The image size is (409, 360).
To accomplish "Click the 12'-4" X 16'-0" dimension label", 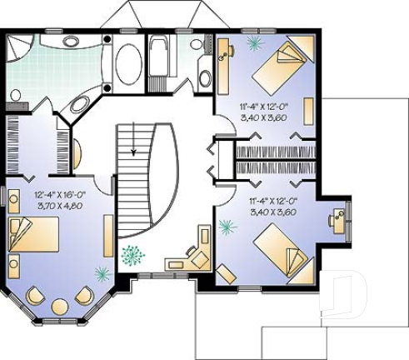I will pyautogui.click(x=61, y=192).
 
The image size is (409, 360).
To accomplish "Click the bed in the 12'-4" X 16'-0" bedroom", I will pyautogui.click(x=34, y=236).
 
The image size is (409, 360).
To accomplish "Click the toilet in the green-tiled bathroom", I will pyautogui.click(x=16, y=97).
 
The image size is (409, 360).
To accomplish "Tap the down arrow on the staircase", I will pyautogui.click(x=132, y=147).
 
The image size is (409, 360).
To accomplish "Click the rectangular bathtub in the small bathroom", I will pyautogui.click(x=159, y=60).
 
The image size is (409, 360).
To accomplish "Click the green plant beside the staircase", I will pyautogui.click(x=132, y=254).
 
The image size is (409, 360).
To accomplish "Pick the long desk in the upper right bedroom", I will pyautogui.click(x=224, y=71).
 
